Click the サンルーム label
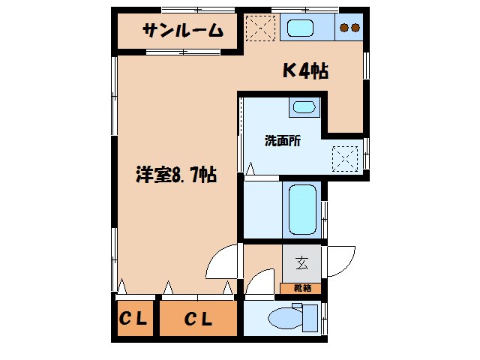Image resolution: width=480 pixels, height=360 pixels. point(183,31)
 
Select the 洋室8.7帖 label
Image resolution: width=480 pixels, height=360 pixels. point(177,175)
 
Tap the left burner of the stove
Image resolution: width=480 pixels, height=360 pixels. point(344,28)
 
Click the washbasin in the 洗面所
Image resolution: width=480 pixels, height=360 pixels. point(304,107)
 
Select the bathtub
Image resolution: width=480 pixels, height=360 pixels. point(302,209)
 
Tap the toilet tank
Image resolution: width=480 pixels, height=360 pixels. point(309,316)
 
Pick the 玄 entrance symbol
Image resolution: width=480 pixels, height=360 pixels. point(301,263)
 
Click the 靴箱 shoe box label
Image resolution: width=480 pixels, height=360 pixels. point(301,288)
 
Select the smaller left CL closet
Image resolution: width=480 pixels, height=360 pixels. point(134,319)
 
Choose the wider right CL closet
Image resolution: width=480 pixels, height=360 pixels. point(199,319)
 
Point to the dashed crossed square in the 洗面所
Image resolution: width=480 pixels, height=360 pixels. point(347,157)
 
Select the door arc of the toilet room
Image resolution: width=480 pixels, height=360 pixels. point(258,283)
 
